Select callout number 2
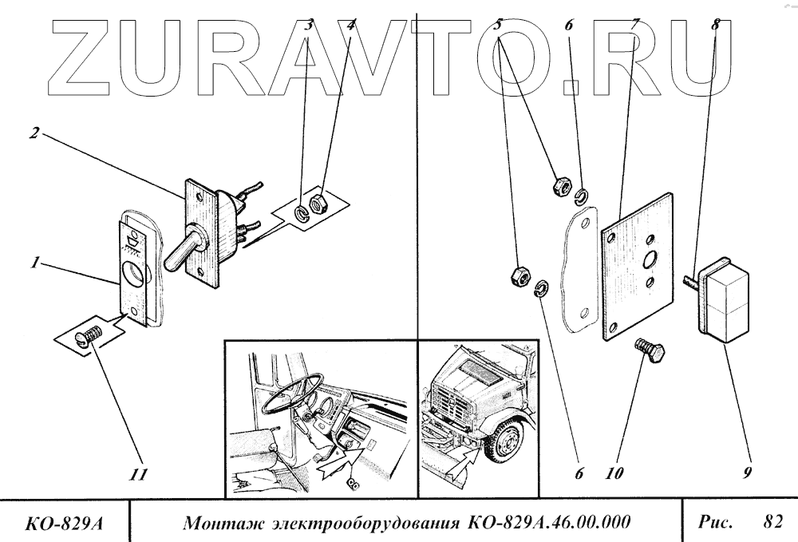34,133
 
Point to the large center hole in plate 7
648,258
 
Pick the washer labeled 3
300,212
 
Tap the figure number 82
772,523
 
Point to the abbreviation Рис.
715,523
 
